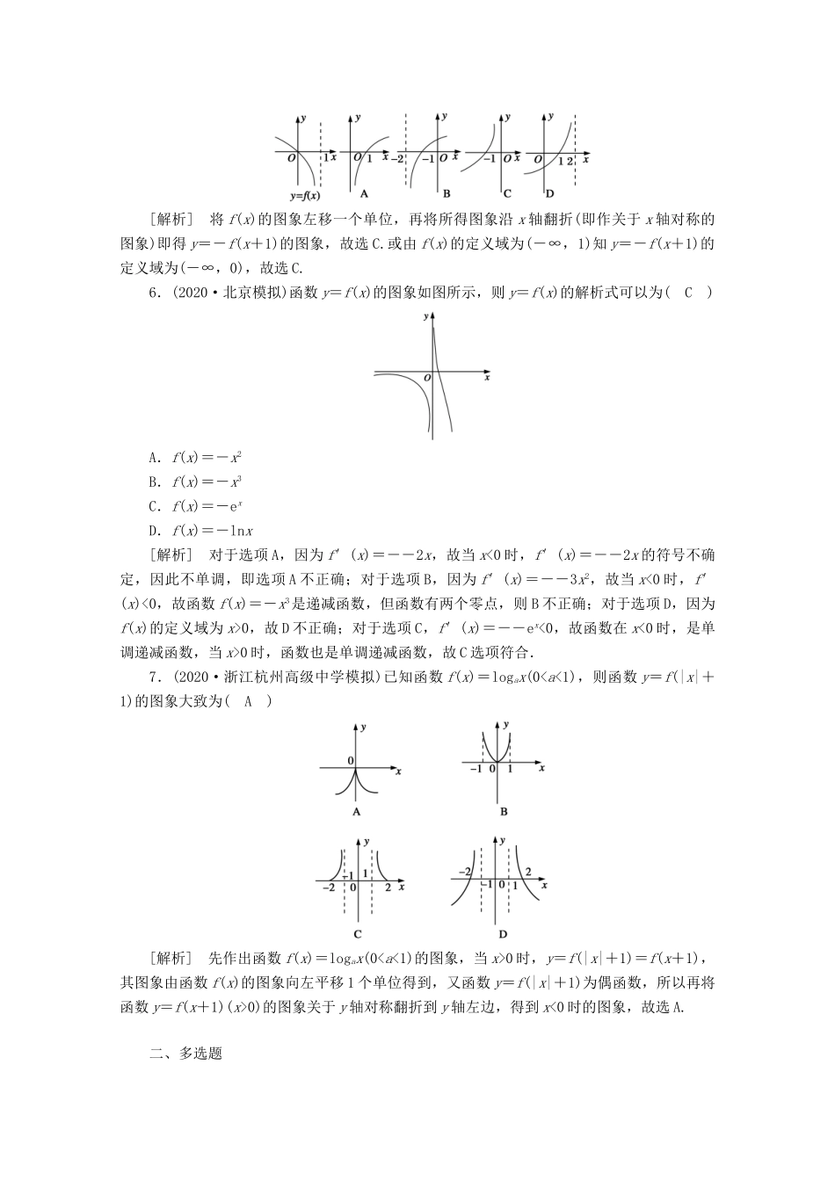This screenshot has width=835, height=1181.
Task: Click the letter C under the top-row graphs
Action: tap(507, 193)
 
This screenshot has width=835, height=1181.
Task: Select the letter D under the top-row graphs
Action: tap(550, 193)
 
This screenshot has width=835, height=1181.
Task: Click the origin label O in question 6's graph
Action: tap(426, 378)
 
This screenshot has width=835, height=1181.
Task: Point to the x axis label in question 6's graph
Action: tap(487, 377)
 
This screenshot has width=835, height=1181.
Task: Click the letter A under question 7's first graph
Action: tap(357, 812)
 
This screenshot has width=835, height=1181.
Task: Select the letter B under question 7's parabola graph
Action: tap(504, 812)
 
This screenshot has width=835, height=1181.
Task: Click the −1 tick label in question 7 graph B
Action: tap(476, 769)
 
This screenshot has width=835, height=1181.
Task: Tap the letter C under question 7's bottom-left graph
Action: tap(358, 934)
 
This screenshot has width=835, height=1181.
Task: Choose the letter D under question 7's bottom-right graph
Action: tap(504, 934)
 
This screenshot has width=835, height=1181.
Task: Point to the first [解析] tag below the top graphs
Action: tap(170, 219)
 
